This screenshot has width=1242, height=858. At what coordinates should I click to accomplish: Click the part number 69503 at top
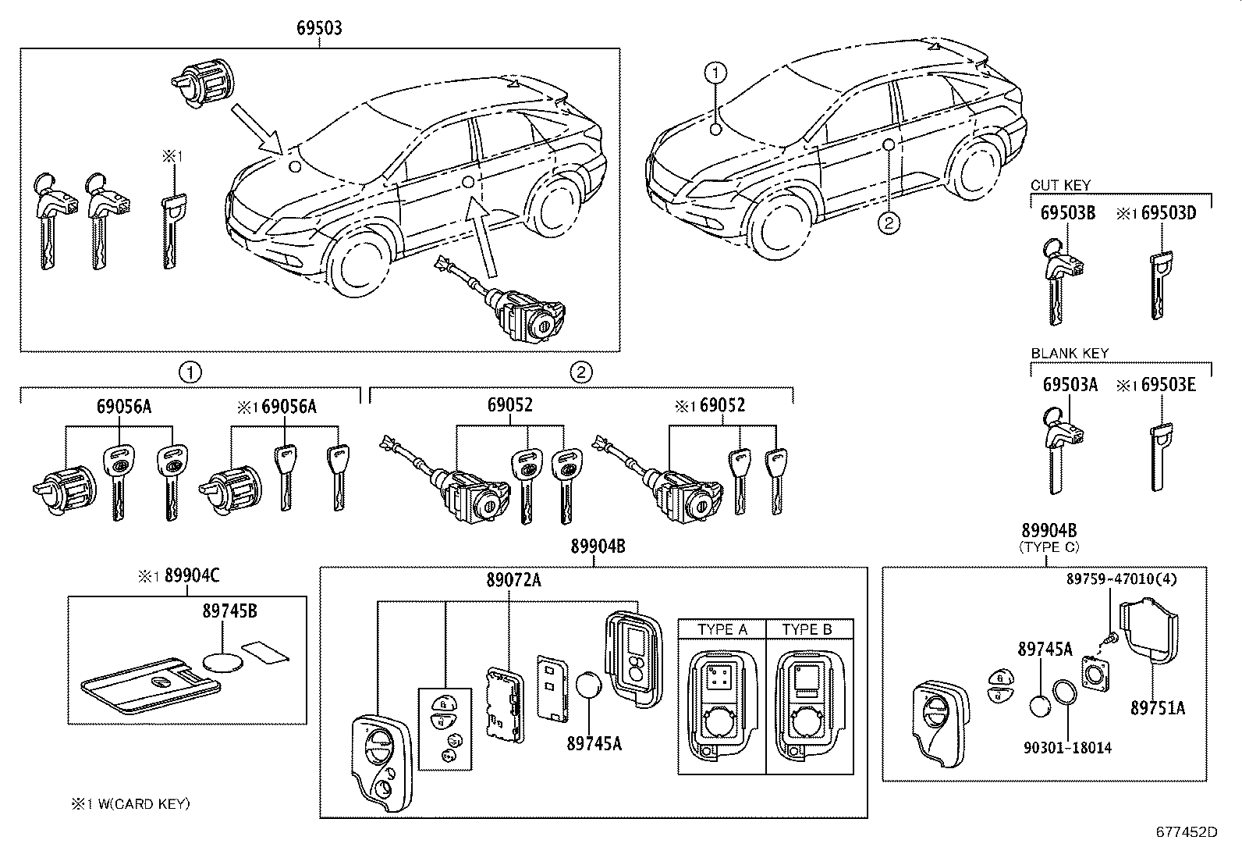(x=318, y=28)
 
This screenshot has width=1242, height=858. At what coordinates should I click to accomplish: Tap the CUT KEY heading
(x=1060, y=186)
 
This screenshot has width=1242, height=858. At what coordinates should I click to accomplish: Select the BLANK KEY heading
(x=1069, y=354)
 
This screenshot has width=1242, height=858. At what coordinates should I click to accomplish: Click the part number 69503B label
(x=1067, y=213)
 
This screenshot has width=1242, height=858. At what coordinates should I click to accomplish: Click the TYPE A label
(x=722, y=629)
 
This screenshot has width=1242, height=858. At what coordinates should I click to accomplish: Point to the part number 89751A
(x=1157, y=708)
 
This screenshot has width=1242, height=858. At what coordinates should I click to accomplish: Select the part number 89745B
(x=229, y=612)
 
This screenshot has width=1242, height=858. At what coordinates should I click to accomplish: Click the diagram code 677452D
(x=1186, y=832)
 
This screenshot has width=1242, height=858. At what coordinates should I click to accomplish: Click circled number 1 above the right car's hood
(x=715, y=73)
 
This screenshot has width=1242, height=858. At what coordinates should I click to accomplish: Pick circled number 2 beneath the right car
(x=888, y=223)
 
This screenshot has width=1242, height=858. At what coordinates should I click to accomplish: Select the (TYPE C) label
(x=1049, y=548)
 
